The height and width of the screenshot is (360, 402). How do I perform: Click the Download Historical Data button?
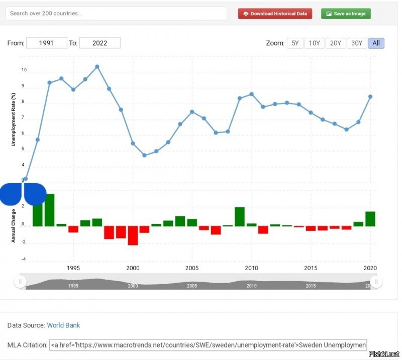(275, 14)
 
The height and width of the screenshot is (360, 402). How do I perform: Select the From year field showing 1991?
(46, 43)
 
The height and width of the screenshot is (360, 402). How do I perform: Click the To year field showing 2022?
(99, 43)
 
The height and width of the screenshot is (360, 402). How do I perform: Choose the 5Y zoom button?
(295, 43)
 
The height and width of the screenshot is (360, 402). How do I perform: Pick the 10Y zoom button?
(315, 43)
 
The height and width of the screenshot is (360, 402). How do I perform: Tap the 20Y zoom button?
(335, 43)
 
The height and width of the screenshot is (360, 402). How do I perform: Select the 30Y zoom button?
(356, 43)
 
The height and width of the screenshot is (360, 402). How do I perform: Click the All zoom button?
(376, 43)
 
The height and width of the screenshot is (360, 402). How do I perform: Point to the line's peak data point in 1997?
(97, 67)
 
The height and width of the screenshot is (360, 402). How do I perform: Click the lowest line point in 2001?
(145, 155)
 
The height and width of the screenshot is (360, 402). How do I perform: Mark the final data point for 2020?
(370, 97)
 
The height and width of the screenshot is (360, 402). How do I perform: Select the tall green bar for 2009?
(240, 216)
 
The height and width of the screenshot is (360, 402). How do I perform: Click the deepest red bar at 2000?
(133, 235)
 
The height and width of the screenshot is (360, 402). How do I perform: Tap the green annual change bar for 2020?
(370, 219)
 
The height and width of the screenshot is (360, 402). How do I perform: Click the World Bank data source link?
(63, 325)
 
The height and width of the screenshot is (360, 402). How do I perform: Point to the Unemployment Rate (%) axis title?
(14, 119)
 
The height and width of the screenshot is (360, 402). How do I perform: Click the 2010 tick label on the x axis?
(251, 268)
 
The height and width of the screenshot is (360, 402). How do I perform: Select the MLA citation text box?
(209, 345)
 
